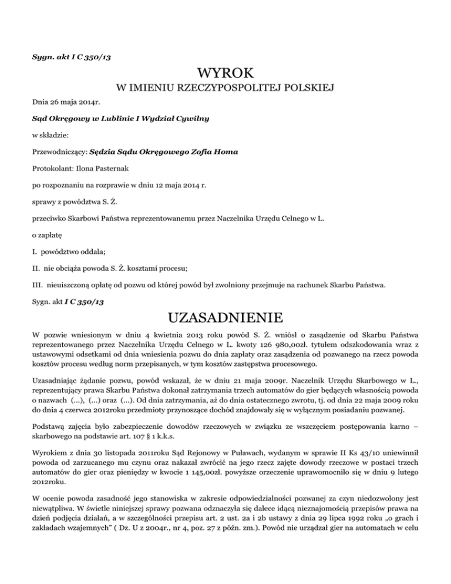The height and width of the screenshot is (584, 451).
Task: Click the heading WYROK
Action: [x=225, y=74]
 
